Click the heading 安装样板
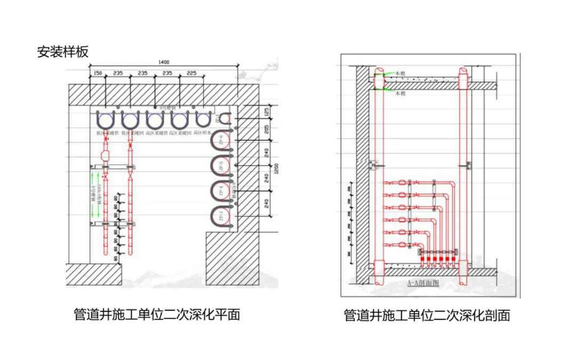point(62,52)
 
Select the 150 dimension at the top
point(98,73)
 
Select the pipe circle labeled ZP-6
point(221,141)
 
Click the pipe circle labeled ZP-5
point(221,166)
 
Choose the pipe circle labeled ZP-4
point(221,191)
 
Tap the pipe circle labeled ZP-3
point(221,217)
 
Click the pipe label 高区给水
point(203,133)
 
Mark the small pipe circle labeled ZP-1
point(226,119)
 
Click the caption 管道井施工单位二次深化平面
point(157,315)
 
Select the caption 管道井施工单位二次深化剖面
point(427,316)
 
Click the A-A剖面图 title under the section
point(422,283)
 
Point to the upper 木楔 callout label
point(400,75)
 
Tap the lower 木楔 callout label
point(400,93)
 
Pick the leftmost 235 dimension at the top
point(118,73)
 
